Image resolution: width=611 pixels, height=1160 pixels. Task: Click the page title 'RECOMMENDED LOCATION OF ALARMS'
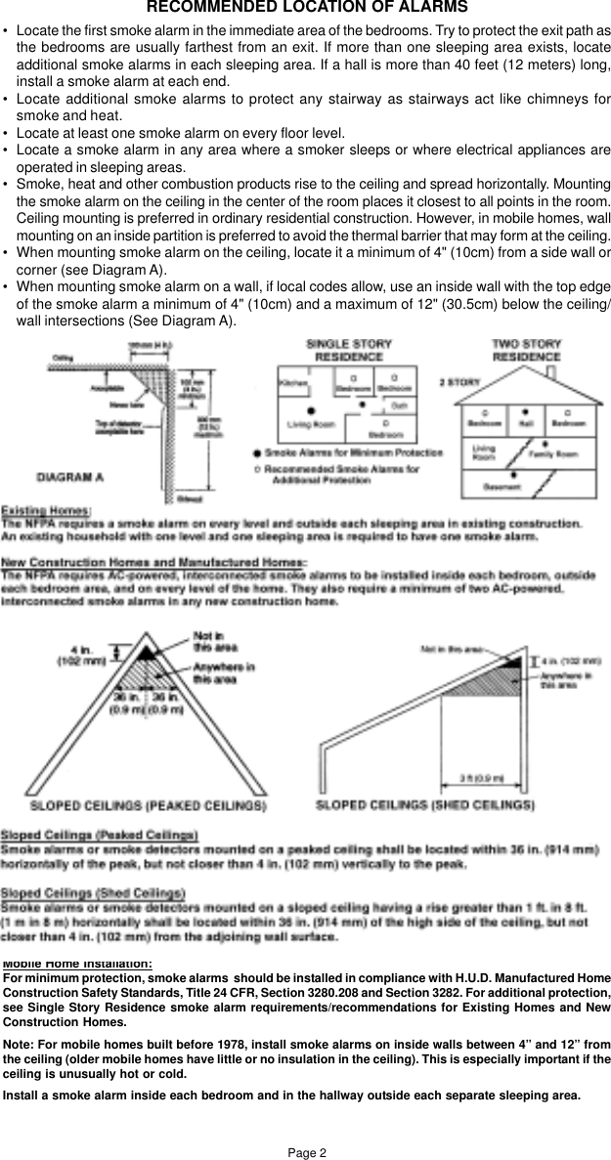point(306,8)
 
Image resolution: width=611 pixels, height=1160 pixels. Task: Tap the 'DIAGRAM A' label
point(70,477)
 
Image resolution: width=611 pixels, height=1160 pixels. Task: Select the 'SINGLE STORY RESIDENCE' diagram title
point(348,351)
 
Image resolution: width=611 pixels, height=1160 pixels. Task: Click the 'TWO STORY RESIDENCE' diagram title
point(526,351)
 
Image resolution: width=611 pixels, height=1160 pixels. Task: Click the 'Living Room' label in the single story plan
point(311,424)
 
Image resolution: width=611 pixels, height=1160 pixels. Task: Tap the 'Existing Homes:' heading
point(46,510)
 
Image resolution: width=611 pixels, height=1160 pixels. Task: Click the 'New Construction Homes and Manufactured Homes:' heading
point(153,562)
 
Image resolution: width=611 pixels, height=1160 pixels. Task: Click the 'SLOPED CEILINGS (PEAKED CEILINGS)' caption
point(148,807)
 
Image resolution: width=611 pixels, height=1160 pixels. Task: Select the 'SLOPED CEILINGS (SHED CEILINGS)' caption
point(425,806)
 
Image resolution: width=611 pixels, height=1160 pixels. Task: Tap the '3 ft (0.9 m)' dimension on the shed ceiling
point(481,778)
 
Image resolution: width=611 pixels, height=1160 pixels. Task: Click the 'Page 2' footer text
point(306,1153)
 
